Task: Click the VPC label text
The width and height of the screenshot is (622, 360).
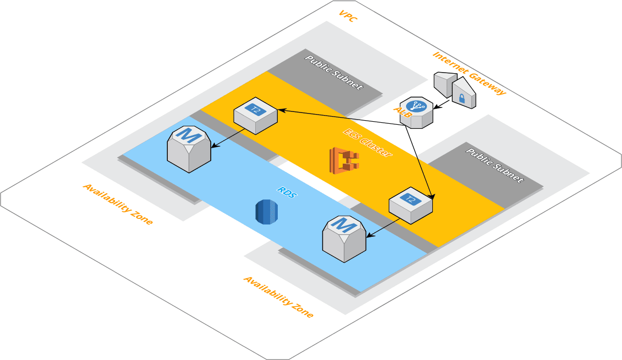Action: click(348, 16)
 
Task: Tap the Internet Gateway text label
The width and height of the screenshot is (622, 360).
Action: click(469, 74)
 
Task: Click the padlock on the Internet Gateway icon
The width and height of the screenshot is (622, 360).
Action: click(462, 98)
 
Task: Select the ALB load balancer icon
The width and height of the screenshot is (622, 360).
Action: click(417, 111)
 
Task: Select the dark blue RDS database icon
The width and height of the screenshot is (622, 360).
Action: click(266, 211)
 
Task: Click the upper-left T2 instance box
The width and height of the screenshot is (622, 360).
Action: click(255, 115)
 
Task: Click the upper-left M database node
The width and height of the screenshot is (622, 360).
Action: click(189, 148)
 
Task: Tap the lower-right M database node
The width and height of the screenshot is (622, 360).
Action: click(344, 238)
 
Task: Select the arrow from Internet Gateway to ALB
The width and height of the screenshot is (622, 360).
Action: click(442, 104)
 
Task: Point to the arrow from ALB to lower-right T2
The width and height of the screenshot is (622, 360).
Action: click(420, 162)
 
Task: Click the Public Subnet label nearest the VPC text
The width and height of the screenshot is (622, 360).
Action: click(334, 72)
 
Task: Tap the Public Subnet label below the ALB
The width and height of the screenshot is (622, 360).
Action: click(495, 165)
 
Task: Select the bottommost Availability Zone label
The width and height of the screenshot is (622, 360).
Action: click(278, 297)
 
